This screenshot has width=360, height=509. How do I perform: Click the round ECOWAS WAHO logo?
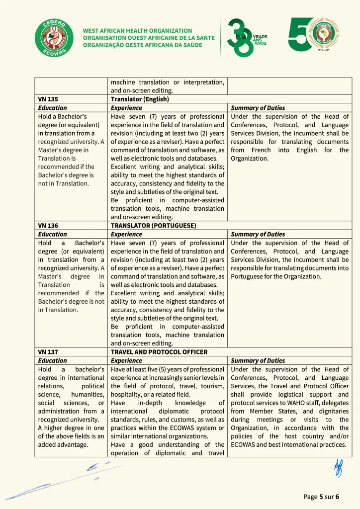[53, 38]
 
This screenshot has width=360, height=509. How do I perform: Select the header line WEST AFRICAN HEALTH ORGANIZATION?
[137, 31]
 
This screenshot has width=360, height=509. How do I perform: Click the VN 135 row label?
[48, 99]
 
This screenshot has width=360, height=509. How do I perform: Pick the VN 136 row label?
[48, 226]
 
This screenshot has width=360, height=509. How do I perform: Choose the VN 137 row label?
[48, 352]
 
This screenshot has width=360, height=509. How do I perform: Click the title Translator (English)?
[140, 99]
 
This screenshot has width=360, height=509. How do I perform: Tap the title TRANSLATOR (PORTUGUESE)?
[153, 226]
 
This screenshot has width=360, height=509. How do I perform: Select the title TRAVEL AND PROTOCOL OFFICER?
[159, 352]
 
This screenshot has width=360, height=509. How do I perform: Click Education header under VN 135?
[52, 108]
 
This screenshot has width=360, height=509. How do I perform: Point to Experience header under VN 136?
[126, 234]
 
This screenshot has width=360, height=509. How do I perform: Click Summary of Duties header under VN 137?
[258, 360]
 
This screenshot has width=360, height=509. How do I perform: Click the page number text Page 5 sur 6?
[321, 497]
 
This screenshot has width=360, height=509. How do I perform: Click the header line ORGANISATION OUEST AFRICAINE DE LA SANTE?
[149, 38]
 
